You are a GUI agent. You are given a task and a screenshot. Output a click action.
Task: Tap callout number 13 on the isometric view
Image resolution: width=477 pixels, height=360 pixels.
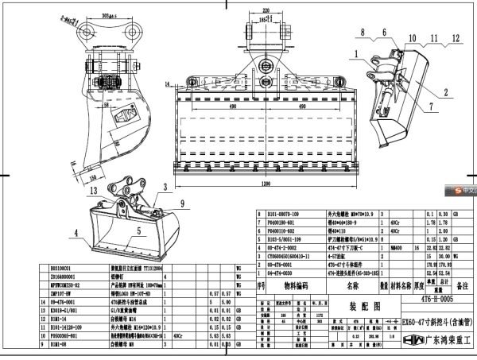pyautogui.click(x=95, y=191)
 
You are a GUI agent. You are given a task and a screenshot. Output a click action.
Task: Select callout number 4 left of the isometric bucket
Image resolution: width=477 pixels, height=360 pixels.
pyautogui.click(x=78, y=234)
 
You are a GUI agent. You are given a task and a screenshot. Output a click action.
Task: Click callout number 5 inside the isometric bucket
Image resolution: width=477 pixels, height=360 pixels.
pyautogui.click(x=140, y=231)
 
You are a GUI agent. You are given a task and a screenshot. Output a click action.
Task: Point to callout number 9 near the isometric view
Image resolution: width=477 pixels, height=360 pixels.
pyautogui.click(x=170, y=202)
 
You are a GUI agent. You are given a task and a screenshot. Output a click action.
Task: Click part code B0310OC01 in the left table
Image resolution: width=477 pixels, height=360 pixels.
pyautogui.click(x=61, y=270)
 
